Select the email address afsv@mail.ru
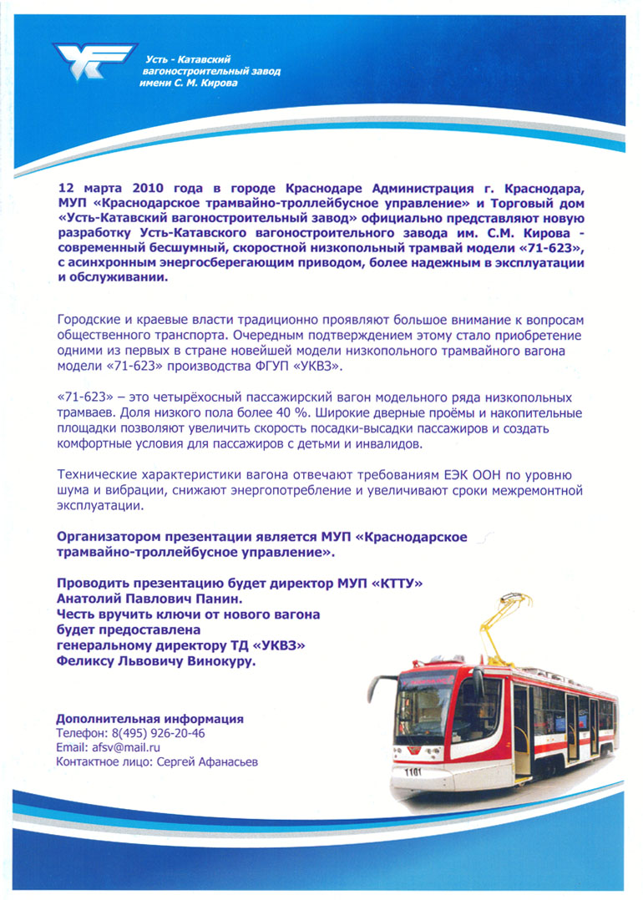(x=126, y=747)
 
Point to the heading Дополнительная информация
(x=149, y=718)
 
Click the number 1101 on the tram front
(x=412, y=772)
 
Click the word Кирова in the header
(x=220, y=83)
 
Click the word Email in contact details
(x=71, y=747)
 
